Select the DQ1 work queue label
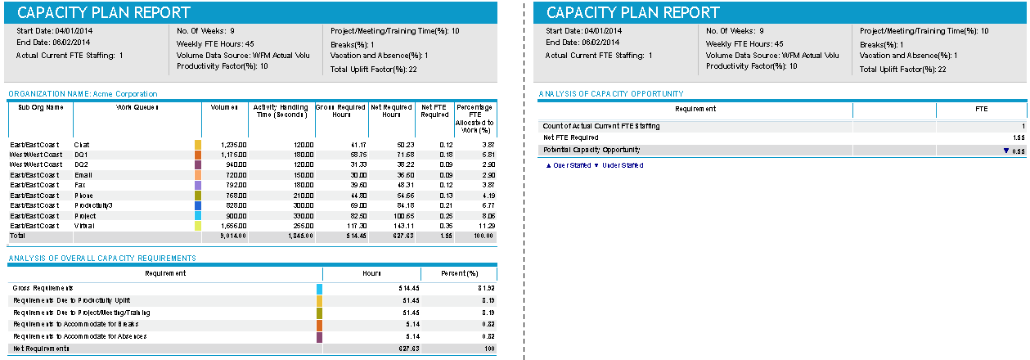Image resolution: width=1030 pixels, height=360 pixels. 81,155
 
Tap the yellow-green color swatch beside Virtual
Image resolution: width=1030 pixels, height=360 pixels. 197,225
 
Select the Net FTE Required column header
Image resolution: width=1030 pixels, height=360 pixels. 434,110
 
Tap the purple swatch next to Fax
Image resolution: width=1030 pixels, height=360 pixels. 197,185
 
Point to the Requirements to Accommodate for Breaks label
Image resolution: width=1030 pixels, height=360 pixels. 70,324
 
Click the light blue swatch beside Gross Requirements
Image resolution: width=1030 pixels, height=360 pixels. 319,288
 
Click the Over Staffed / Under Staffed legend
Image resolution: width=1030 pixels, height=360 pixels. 594,165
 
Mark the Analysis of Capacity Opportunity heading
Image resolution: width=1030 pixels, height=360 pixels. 611,94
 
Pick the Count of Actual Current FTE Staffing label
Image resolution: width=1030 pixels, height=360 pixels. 601,126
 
